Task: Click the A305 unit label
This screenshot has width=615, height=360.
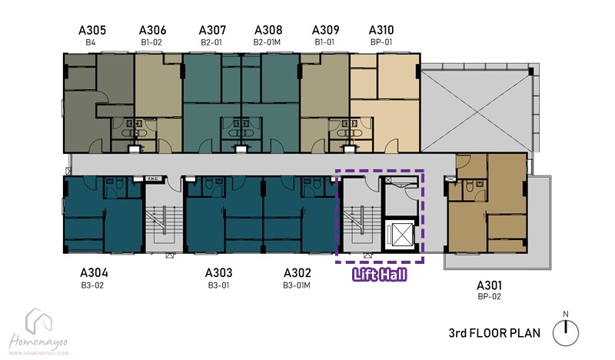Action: pyautogui.click(x=92, y=30)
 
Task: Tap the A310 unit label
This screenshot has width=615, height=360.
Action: pyautogui.click(x=381, y=30)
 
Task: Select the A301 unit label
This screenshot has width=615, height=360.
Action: pyautogui.click(x=489, y=285)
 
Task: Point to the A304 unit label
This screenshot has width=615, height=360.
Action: pyautogui.click(x=94, y=272)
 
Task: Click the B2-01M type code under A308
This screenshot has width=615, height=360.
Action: pyautogui.click(x=267, y=42)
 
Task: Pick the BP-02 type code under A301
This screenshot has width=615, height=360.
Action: pyautogui.click(x=489, y=296)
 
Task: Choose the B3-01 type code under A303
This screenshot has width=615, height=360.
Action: pyautogui.click(x=218, y=285)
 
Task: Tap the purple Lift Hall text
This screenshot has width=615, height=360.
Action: pyautogui.click(x=380, y=275)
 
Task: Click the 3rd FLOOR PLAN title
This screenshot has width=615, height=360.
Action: pyautogui.click(x=494, y=333)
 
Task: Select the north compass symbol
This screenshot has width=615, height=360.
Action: pyautogui.click(x=566, y=332)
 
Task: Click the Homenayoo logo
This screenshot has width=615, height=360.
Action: pyautogui.click(x=38, y=332)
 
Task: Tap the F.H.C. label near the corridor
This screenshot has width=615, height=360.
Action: pyautogui.click(x=152, y=179)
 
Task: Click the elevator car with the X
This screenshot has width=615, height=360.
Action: pyautogui.click(x=400, y=235)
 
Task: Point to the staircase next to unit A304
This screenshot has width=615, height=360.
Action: pyautogui.click(x=164, y=222)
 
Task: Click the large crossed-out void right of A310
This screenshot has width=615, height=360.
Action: pyautogui.click(x=477, y=111)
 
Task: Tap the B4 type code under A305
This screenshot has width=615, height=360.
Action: pyautogui.click(x=90, y=42)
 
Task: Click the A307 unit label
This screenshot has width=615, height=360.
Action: pyautogui.click(x=213, y=30)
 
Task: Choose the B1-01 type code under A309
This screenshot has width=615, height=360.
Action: pyautogui.click(x=324, y=42)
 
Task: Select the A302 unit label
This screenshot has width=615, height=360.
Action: pyautogui.click(x=297, y=272)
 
